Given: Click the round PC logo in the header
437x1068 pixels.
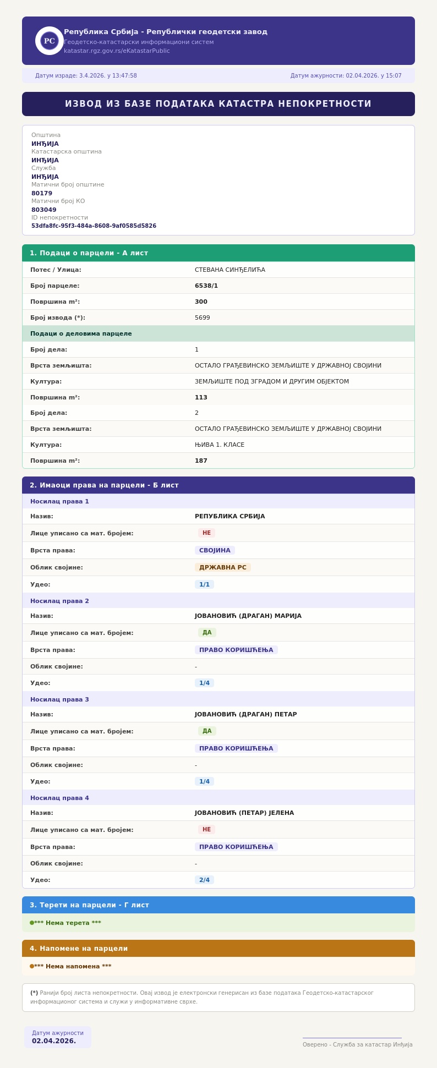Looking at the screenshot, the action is point(50,41).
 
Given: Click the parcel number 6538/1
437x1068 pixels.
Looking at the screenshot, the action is point(206,286).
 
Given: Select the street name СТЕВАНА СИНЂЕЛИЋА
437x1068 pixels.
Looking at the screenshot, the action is point(230,270).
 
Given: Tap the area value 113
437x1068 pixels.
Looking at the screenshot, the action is point(201,397).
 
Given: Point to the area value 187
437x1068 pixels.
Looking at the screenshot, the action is point(201,461).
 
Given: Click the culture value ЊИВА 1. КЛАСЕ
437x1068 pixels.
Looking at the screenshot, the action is point(219,445).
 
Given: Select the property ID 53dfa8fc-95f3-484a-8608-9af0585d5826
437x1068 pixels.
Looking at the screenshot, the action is point(94,226).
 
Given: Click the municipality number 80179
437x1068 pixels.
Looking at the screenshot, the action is point(42,193).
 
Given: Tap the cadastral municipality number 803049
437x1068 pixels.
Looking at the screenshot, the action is point(43,210).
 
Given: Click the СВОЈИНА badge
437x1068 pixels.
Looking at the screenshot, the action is point(215,550).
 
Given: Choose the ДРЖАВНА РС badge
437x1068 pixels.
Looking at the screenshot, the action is point(222,567).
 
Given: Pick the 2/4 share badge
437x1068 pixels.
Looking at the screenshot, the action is point(204,880).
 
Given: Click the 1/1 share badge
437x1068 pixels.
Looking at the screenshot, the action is point(204,584).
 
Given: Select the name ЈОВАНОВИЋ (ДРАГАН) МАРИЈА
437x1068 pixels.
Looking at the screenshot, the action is point(248,616).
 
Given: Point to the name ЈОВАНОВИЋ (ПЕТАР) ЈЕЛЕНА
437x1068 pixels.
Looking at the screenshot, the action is point(244,813).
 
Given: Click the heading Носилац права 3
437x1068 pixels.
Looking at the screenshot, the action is point(59,699).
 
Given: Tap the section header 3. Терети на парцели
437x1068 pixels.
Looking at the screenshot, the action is point(89,905).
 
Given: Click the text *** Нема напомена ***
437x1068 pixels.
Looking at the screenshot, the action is point(73,966).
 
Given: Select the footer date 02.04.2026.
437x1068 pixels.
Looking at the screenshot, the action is point(54,1041).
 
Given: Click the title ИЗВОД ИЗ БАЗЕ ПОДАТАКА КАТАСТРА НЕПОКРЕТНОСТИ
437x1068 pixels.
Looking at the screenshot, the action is point(218,104).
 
